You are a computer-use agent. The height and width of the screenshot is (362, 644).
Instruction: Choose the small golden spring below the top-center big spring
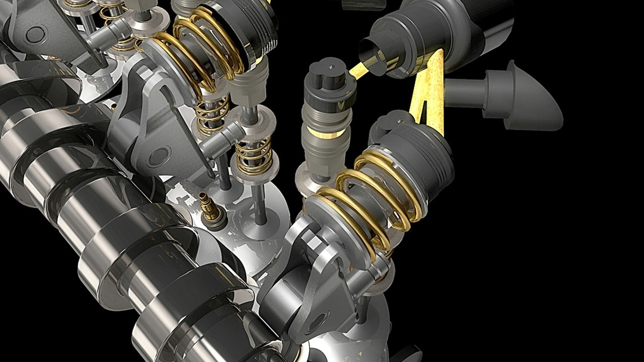tap(211, 117)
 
